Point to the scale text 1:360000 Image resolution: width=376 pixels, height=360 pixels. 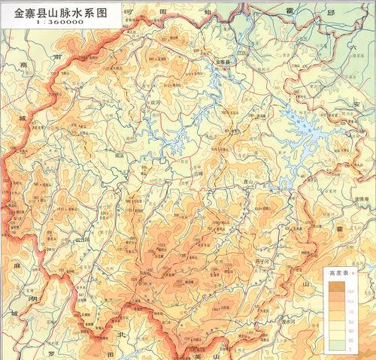50,25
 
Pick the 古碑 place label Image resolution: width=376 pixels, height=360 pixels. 199,172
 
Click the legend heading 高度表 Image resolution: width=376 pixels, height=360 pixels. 336,275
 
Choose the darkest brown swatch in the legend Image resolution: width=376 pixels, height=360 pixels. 330,286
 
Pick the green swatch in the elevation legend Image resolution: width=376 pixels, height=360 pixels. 330,346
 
